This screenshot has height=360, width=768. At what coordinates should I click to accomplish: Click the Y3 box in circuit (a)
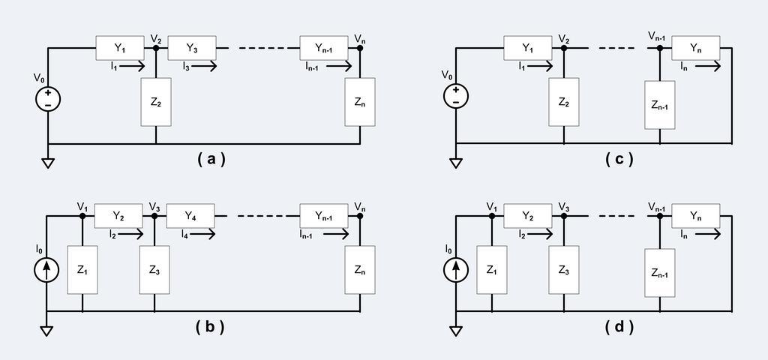coord(191,48)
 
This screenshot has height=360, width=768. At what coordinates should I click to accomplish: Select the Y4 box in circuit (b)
coord(191,216)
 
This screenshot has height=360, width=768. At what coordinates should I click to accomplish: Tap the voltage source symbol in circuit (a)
coord(48,99)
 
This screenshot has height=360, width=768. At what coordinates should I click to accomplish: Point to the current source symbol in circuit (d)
coord(456,268)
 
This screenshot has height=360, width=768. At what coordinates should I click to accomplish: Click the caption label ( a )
coord(211,159)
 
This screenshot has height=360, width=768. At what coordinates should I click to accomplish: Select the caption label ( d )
coord(619,327)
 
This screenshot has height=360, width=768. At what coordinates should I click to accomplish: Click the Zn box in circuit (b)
coord(360,268)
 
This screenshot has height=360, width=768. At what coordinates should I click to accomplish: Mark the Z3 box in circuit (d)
coord(563,268)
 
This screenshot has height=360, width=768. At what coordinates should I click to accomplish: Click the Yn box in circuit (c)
coord(695,48)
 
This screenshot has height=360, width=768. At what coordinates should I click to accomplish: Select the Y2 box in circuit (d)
coord(527,216)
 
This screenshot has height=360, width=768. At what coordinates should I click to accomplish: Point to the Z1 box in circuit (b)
coord(82,268)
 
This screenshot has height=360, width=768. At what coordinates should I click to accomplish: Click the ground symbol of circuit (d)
coord(456,330)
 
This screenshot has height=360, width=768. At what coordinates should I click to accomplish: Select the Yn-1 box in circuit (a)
coord(324,48)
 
